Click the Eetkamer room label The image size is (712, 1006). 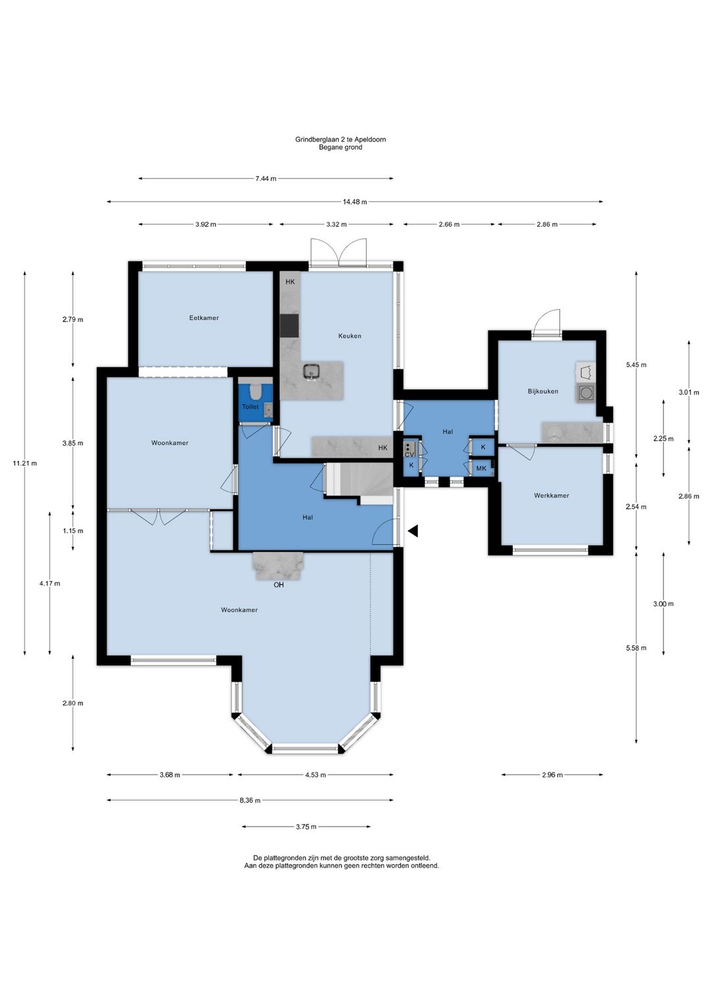point(204,318)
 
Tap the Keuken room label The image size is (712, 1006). point(350,336)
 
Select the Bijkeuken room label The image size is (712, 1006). point(543,391)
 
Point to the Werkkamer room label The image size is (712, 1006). point(551,496)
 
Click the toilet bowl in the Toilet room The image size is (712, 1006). point(256,392)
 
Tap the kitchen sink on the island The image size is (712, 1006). point(311,372)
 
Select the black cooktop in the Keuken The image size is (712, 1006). point(289,325)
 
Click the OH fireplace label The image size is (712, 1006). point(278,585)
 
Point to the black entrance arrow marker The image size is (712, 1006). point(413,531)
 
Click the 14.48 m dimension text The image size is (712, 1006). point(355,202)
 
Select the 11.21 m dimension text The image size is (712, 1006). point(24,463)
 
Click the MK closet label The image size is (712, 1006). point(481,469)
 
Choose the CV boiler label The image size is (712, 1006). point(409,455)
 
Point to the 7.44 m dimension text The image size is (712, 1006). point(266,179)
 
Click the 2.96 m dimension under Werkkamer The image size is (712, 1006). point(552,775)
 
